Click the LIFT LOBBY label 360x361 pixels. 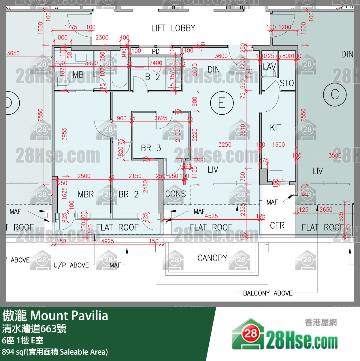[173, 28]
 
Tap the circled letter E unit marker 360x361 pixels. [222, 103]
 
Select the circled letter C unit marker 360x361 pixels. [335, 95]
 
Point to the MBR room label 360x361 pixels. [86, 194]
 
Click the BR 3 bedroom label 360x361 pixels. [151, 148]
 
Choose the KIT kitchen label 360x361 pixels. [275, 128]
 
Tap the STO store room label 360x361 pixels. [287, 83]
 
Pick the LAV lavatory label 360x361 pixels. [269, 67]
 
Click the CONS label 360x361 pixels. [176, 194]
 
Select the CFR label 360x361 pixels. [277, 226]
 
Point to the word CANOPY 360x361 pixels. [212, 258]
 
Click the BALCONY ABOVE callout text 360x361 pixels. [268, 293]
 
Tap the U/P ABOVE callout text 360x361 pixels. [71, 265]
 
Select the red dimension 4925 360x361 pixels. [108, 241]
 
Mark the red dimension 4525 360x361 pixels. [211, 216]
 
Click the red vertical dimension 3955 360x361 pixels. [64, 134]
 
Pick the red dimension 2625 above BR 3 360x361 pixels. [161, 118]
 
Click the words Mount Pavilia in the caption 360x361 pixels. [69, 316]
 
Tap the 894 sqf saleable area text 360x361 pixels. [55, 352]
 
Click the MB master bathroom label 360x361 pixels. [78, 75]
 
